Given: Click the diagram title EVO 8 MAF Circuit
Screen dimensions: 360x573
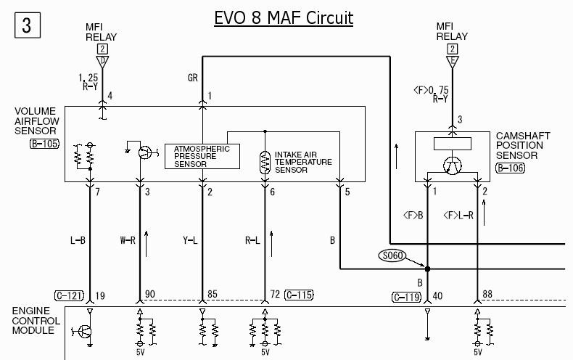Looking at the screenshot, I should (284, 17).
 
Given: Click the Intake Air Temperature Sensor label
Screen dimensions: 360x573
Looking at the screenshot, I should (302, 162).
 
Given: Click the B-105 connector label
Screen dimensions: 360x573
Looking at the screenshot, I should (44, 144).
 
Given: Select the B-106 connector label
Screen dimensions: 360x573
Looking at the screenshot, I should (510, 168).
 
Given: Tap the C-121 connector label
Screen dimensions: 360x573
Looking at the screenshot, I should (70, 295).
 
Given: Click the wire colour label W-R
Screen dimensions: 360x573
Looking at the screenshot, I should (127, 240).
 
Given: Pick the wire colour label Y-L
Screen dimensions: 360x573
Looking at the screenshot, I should (189, 240).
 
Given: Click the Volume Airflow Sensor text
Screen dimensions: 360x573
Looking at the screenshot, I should (36, 122).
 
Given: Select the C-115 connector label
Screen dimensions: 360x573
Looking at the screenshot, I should (299, 295).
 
